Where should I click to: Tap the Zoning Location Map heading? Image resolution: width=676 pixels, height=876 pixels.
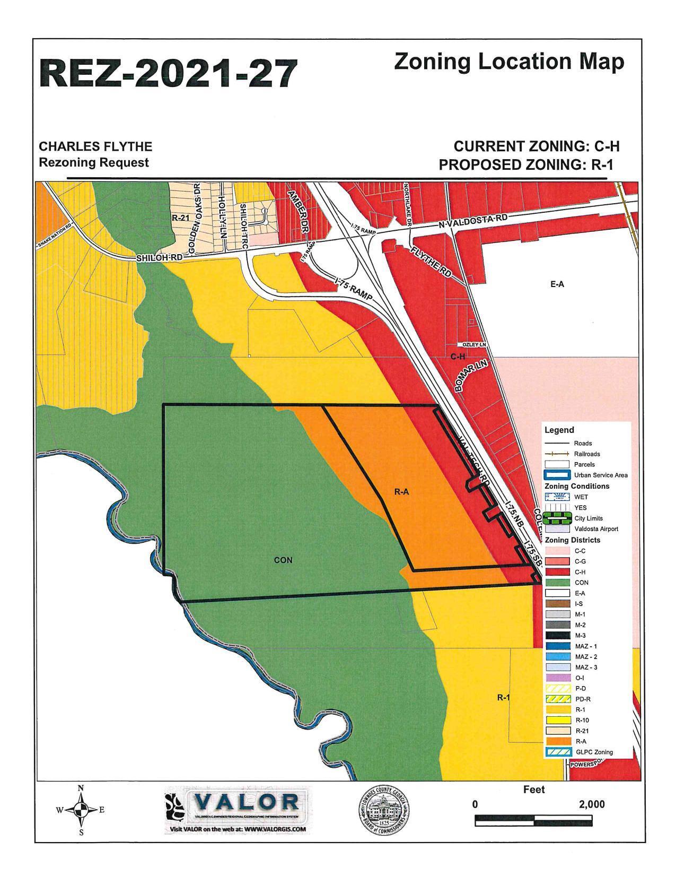509,62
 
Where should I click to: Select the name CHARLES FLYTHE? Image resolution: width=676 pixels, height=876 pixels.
96,146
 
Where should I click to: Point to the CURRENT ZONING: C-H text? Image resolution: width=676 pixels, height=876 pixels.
537,146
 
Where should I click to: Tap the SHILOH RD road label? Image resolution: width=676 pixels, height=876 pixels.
160,258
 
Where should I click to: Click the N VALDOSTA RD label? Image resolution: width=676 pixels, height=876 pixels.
473,222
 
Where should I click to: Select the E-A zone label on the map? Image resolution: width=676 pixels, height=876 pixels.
557,284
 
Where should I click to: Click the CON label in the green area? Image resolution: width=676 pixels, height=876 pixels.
283,560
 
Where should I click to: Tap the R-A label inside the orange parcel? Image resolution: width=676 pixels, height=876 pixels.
401,492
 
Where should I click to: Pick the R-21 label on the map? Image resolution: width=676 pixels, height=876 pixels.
180,218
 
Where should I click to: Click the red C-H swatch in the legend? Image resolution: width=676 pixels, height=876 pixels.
557,572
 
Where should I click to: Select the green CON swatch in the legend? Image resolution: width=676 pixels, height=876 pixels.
557,583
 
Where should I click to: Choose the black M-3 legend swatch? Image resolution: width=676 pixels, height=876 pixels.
557,636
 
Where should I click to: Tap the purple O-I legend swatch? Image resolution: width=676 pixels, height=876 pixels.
557,678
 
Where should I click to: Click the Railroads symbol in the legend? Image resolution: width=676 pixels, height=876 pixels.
557,454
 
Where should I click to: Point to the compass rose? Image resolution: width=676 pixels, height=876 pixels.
81,810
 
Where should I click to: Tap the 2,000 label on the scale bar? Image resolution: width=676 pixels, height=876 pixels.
592,804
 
